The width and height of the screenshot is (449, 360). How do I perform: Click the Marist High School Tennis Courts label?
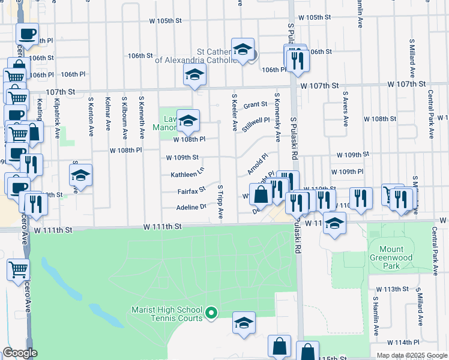pos(167,314)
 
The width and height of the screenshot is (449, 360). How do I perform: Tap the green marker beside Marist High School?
pos(211,313)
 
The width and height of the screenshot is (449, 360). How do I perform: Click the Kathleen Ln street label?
pos(187,175)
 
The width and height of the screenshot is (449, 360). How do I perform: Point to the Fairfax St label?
pos(191,191)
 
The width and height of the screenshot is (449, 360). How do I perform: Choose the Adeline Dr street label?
pos(191,207)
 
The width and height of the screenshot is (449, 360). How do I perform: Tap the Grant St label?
pos(255,104)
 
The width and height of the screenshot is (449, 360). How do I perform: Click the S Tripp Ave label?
pos(220,201)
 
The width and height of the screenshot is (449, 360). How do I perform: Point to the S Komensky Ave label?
pos(277,117)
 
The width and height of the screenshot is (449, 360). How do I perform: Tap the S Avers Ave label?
pos(346,109)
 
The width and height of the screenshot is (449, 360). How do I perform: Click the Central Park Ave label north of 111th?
pos(431,108)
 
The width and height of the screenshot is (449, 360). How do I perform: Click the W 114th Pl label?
pos(403,343)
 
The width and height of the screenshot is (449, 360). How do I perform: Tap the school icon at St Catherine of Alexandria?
pos(243,50)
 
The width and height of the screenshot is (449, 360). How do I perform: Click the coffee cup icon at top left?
pos(27,34)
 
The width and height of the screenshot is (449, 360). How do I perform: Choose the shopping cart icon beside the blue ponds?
pos(19,270)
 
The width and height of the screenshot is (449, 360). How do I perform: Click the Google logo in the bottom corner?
pos(20,353)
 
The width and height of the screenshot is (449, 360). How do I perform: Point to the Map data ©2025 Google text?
pos(411,355)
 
